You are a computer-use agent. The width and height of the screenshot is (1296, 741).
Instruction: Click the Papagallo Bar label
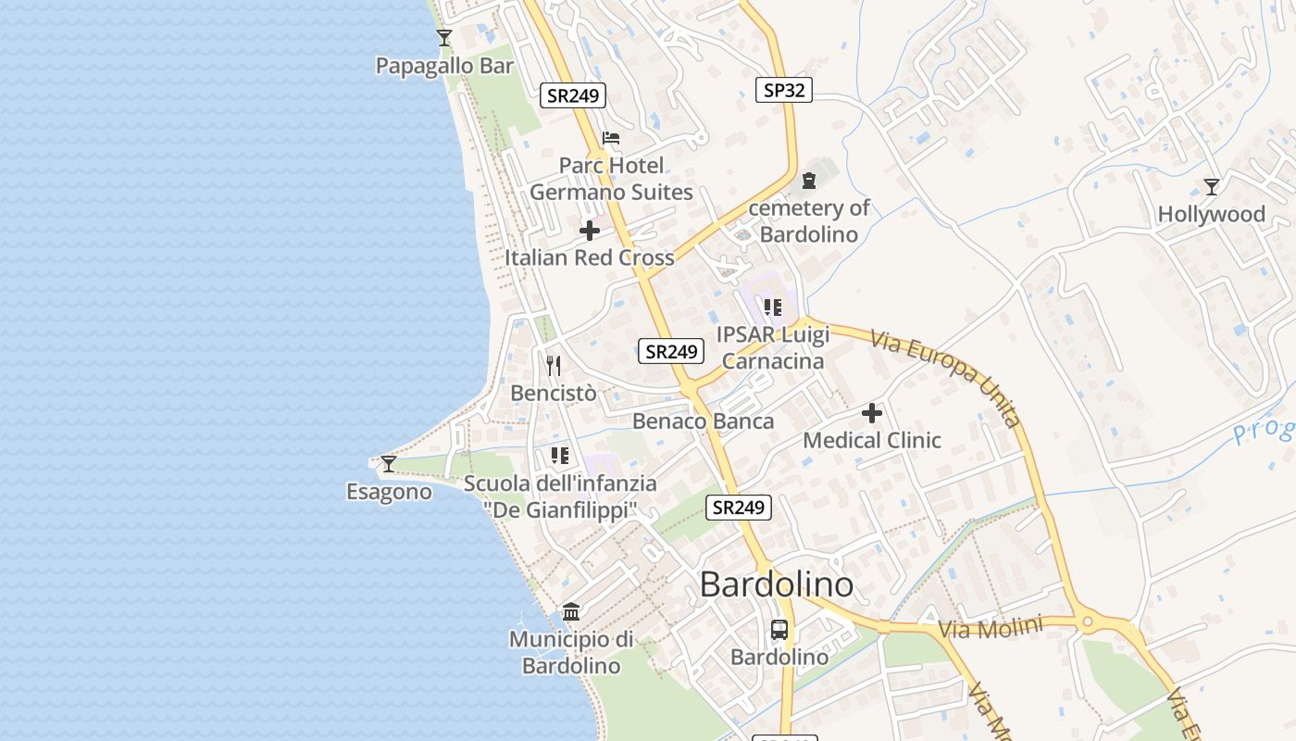(x=444, y=66)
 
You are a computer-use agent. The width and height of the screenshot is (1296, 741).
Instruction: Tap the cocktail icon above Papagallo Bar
(x=444, y=38)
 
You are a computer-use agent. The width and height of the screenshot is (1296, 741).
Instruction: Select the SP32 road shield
(x=783, y=90)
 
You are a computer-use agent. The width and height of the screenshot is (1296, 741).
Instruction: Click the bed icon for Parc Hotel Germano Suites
(x=611, y=139)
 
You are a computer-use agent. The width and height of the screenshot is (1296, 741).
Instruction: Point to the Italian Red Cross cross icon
(x=590, y=231)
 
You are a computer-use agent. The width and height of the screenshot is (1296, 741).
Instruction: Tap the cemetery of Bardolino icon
(x=810, y=180)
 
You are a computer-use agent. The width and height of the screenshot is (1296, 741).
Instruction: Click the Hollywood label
(x=1211, y=214)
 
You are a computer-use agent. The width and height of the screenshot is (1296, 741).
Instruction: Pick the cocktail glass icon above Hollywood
(x=1211, y=186)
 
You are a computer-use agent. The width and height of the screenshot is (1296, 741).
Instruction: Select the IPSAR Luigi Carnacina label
(x=773, y=347)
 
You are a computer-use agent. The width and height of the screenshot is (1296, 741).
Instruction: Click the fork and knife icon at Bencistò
(x=554, y=366)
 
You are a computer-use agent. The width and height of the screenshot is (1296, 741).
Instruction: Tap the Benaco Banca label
(x=703, y=421)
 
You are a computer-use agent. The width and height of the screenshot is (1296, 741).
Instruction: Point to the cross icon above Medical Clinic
(x=872, y=413)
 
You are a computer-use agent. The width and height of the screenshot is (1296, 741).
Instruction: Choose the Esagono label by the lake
(x=389, y=492)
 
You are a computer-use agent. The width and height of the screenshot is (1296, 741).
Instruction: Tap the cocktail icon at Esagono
(x=389, y=463)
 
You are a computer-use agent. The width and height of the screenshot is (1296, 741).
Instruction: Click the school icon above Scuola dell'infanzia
(x=560, y=456)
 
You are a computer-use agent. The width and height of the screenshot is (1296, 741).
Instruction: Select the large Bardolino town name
(x=777, y=584)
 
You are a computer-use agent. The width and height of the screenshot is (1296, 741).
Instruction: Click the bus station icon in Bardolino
(x=779, y=630)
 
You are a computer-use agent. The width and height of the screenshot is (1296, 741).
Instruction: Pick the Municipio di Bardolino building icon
(x=571, y=612)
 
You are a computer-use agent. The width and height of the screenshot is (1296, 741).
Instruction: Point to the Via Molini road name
(x=990, y=628)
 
